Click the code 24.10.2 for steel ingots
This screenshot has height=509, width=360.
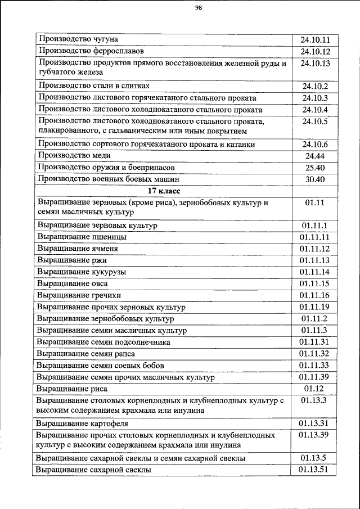[315, 86]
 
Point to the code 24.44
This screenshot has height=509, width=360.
[315, 156]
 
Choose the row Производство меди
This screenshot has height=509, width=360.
[74, 156]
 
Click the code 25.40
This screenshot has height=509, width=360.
[315, 168]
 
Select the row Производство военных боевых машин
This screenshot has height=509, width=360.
[109, 179]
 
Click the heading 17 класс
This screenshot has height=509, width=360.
[164, 191]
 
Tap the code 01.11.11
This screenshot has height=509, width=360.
[315, 237]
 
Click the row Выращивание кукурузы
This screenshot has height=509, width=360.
[81, 272]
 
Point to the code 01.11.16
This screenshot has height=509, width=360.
[315, 295]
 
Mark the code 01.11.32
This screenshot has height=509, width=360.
[315, 353]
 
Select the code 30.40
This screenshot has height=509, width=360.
[315, 179]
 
